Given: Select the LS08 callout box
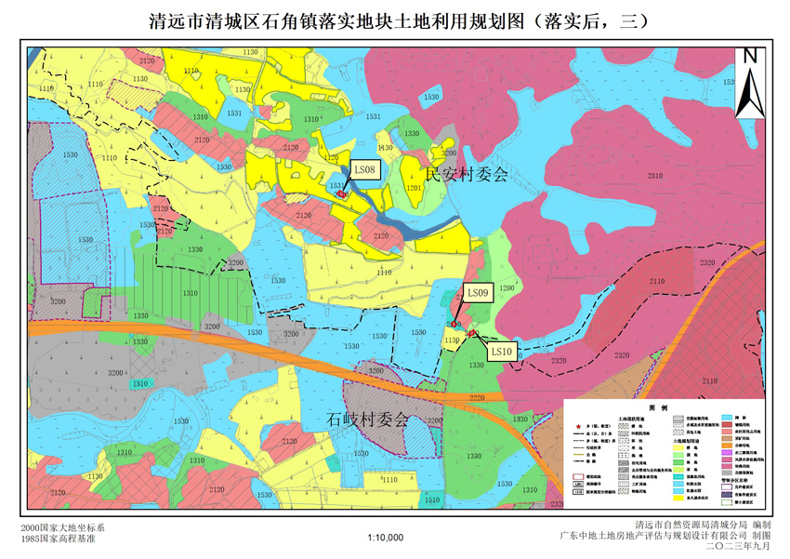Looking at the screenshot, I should [364, 170].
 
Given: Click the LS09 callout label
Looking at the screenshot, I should [478, 293].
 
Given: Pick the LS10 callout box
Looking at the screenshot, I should [501, 351].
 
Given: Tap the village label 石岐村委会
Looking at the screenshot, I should [368, 420].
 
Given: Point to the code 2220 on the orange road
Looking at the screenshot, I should [477, 398].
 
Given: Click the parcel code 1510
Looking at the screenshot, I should [139, 384].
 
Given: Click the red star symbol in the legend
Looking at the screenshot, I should [577, 424].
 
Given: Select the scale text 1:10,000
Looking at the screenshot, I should [386, 538].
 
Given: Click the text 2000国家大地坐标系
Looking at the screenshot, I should [64, 527].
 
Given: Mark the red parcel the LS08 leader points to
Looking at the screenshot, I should [341, 194].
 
